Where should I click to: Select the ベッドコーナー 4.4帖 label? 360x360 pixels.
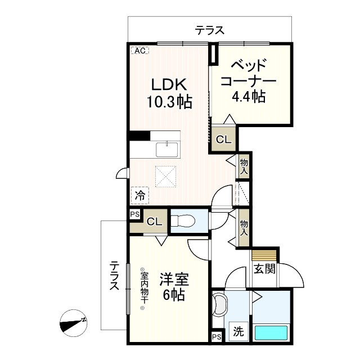248,80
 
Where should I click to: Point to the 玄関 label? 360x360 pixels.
264,268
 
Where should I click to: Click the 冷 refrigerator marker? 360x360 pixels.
140,196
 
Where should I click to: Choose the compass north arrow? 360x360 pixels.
73,323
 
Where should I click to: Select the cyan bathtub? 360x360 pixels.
271,332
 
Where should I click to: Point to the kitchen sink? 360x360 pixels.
167,150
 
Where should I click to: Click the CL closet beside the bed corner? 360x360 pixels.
223,141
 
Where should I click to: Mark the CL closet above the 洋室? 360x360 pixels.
155,221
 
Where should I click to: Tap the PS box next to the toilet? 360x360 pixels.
134,214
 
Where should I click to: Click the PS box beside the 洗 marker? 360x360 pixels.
217,337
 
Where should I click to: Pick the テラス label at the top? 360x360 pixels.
210,30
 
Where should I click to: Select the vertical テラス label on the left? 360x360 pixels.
114,276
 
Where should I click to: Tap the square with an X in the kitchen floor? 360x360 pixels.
166,175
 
